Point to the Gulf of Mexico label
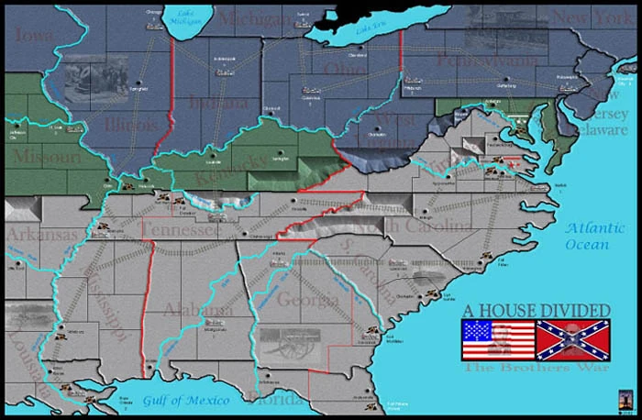(x=183, y=400)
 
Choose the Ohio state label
(x=344, y=70)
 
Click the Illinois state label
(x=130, y=123)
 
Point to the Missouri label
(x=41, y=157)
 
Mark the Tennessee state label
(x=178, y=230)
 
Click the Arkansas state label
(x=42, y=235)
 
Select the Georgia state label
(x=307, y=299)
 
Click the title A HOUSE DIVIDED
(x=534, y=310)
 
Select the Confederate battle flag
(x=572, y=339)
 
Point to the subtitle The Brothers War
(x=523, y=368)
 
